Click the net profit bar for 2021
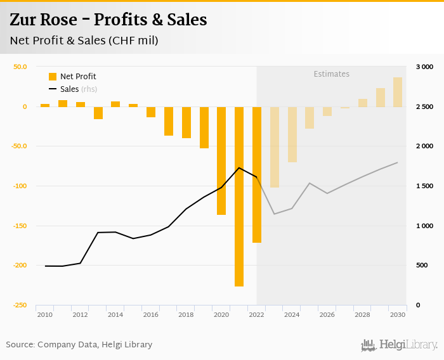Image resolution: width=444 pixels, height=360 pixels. (x=239, y=196)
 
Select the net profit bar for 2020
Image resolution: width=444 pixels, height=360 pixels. (x=221, y=160)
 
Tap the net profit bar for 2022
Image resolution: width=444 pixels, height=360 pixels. (x=257, y=174)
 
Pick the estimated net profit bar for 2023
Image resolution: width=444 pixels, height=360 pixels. (x=275, y=147)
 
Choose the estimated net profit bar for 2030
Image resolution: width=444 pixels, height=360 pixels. (x=398, y=92)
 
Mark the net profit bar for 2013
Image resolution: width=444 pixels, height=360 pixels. (x=98, y=113)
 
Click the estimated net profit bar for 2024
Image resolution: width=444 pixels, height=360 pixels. (x=292, y=134)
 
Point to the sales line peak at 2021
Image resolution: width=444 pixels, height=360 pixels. (x=239, y=167)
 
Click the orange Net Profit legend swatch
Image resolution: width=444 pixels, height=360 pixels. (x=53, y=77)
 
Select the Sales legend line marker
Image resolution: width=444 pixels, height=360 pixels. (x=53, y=89)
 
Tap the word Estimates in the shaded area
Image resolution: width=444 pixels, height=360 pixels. (x=332, y=74)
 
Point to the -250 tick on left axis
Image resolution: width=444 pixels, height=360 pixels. (x=20, y=305)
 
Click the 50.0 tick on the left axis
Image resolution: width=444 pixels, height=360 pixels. (x=20, y=67)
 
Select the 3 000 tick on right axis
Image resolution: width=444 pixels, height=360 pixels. (x=424, y=67)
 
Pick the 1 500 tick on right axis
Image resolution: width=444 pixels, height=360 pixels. (x=424, y=186)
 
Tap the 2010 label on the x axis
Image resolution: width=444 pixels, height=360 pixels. (x=44, y=314)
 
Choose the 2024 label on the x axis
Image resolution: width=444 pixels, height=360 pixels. (x=292, y=314)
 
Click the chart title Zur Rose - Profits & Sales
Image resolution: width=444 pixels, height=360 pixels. (x=108, y=20)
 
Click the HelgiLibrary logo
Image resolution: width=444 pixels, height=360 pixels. (x=399, y=345)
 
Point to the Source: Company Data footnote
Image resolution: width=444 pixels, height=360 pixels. (x=79, y=345)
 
